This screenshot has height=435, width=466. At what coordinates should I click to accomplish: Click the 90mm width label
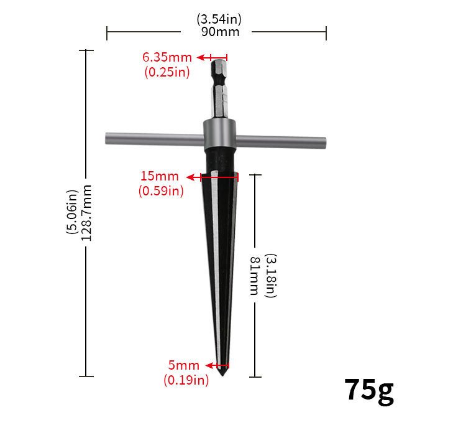pos(220,32)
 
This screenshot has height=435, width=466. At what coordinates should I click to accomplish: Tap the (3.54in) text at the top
pos(219,19)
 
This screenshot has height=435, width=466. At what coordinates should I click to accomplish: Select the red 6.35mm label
pos(167,57)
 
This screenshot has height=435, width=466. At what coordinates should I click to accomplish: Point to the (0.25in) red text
pos(167,72)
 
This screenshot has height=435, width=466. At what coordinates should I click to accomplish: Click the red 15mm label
pos(160,176)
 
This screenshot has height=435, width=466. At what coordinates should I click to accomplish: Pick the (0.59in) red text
pos(161,190)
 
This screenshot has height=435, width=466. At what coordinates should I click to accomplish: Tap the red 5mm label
pos(184,365)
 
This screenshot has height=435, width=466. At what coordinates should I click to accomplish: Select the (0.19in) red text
pos(186,380)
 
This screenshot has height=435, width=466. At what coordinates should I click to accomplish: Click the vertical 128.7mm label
pos(86,213)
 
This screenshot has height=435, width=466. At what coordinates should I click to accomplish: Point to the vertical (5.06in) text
pos(71,212)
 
